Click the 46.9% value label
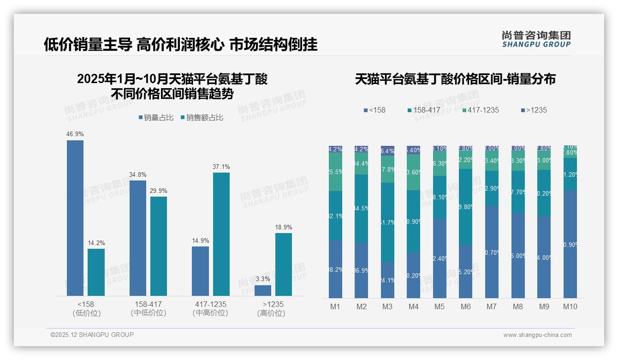[75, 134]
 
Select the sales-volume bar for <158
[75, 218]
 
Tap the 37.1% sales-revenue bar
[221, 234]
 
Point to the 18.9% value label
[284, 227]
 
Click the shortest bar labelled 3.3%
[263, 290]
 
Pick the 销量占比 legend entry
[156, 118]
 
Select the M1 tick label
[335, 306]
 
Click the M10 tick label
[570, 306]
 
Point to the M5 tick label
[440, 306]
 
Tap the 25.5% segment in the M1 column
[335, 172]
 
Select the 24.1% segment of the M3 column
[387, 280]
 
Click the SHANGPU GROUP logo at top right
[536, 39]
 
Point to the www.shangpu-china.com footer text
[537, 335]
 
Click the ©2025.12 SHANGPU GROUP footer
[92, 335]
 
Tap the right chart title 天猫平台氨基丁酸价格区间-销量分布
[455, 79]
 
